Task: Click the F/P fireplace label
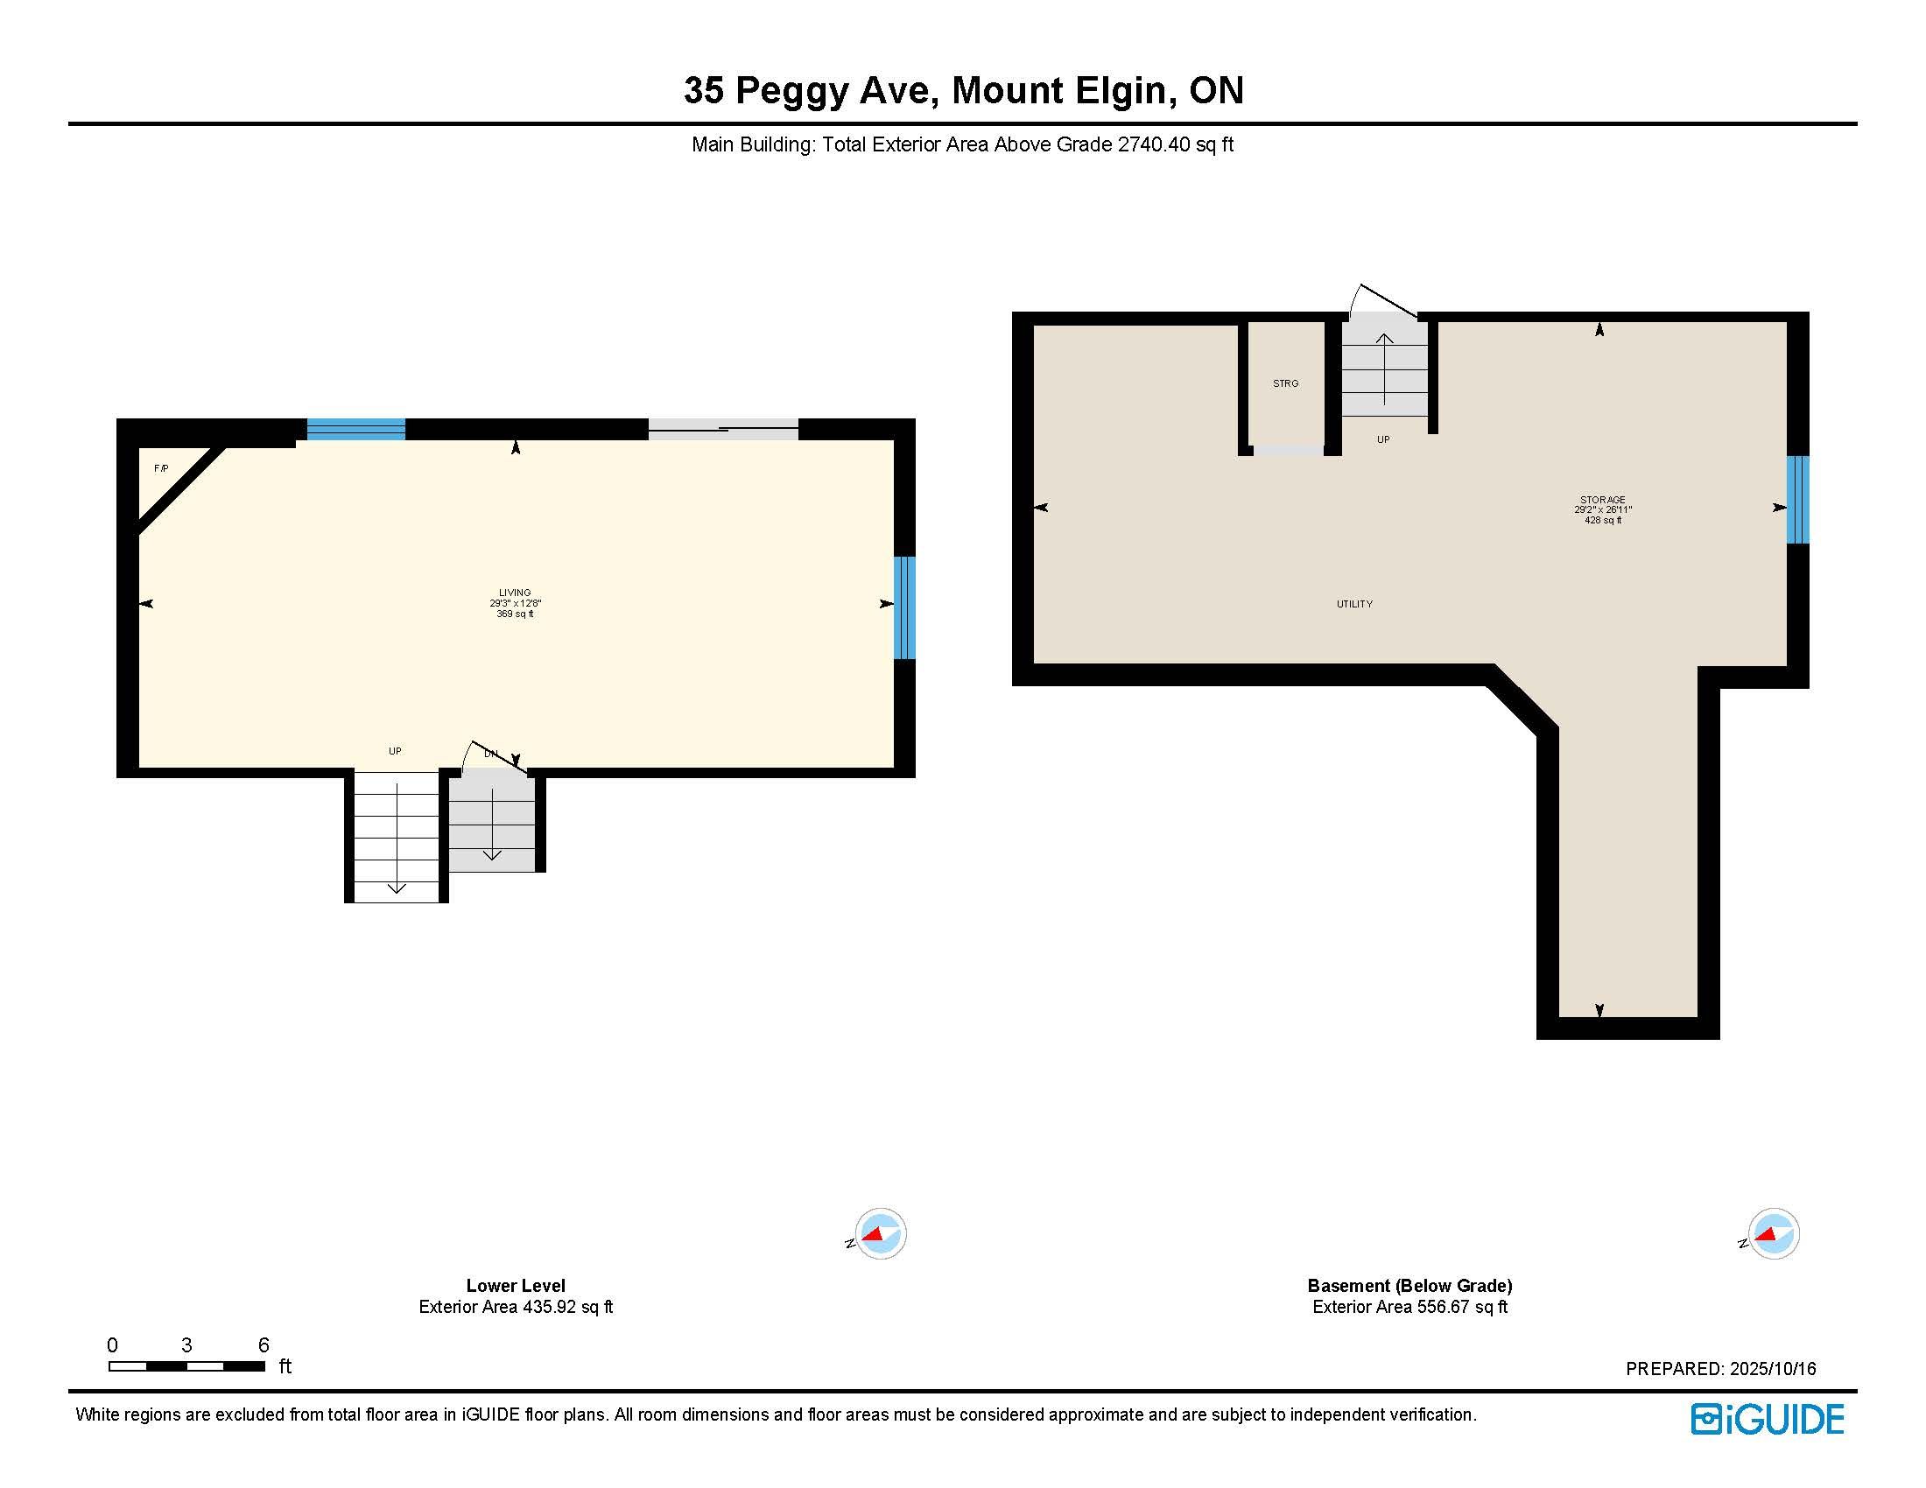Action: tap(161, 468)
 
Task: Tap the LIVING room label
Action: tap(515, 593)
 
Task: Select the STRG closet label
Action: tap(1286, 383)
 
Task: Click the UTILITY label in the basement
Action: tap(1354, 604)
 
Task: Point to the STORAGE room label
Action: tap(1602, 500)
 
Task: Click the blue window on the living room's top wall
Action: tap(356, 429)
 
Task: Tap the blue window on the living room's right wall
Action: tap(905, 607)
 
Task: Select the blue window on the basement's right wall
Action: tap(1798, 499)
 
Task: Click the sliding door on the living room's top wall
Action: tap(723, 429)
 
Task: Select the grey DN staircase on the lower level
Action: tap(492, 820)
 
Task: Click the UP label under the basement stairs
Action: tap(1382, 439)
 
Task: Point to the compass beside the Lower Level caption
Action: tap(878, 1233)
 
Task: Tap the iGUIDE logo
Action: tap(1768, 1419)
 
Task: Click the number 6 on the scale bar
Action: tap(264, 1344)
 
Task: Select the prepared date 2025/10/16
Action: tap(1773, 1369)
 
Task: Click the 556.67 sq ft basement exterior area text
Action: tap(1462, 1307)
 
